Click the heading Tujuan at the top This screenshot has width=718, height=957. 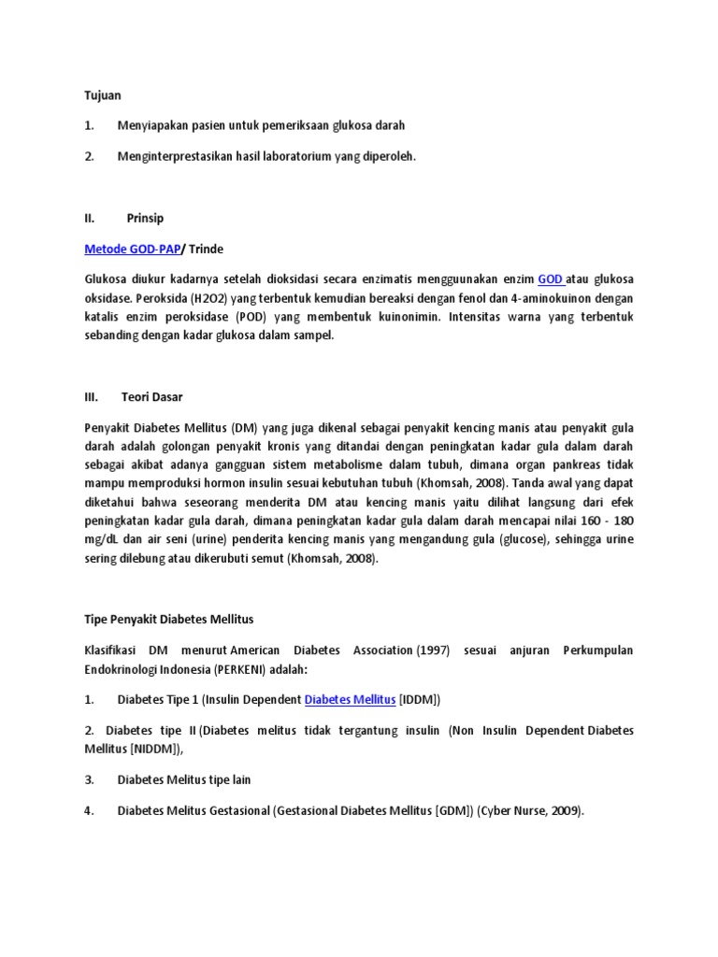[103, 95]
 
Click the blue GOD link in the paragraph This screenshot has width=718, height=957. [551, 279]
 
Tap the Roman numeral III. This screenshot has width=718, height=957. [92, 396]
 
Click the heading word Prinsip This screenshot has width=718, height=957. [145, 219]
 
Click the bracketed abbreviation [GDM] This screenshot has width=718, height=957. [454, 811]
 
